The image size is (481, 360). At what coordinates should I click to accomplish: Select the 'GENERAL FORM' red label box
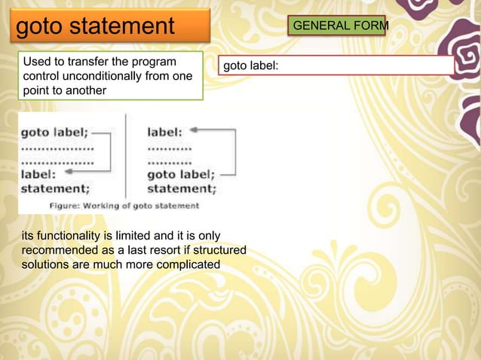click(x=340, y=26)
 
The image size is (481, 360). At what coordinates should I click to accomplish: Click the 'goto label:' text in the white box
click(x=250, y=66)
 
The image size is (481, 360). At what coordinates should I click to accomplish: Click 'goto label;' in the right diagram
click(x=181, y=174)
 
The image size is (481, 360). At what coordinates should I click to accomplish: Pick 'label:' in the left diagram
click(x=37, y=174)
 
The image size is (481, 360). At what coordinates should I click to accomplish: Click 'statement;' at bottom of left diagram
click(x=55, y=188)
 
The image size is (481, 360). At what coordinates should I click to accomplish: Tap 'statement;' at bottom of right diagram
click(x=181, y=188)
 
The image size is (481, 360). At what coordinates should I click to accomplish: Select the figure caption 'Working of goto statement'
click(x=124, y=206)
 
